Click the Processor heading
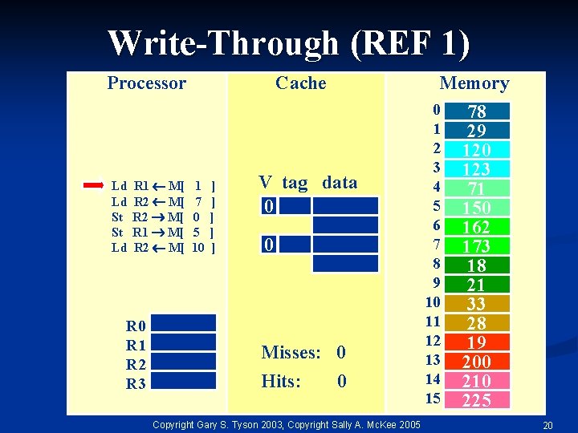click(146, 83)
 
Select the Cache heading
click(300, 83)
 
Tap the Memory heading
click(474, 83)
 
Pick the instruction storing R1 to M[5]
click(164, 233)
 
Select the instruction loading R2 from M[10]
click(164, 248)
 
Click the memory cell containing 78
click(476, 111)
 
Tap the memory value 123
click(476, 169)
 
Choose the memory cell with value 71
click(476, 188)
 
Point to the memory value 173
click(476, 246)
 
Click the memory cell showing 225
click(476, 400)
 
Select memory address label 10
click(433, 302)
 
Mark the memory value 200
click(476, 362)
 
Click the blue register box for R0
click(183, 323)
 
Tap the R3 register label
click(136, 384)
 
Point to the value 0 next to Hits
click(341, 382)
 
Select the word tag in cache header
click(295, 183)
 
